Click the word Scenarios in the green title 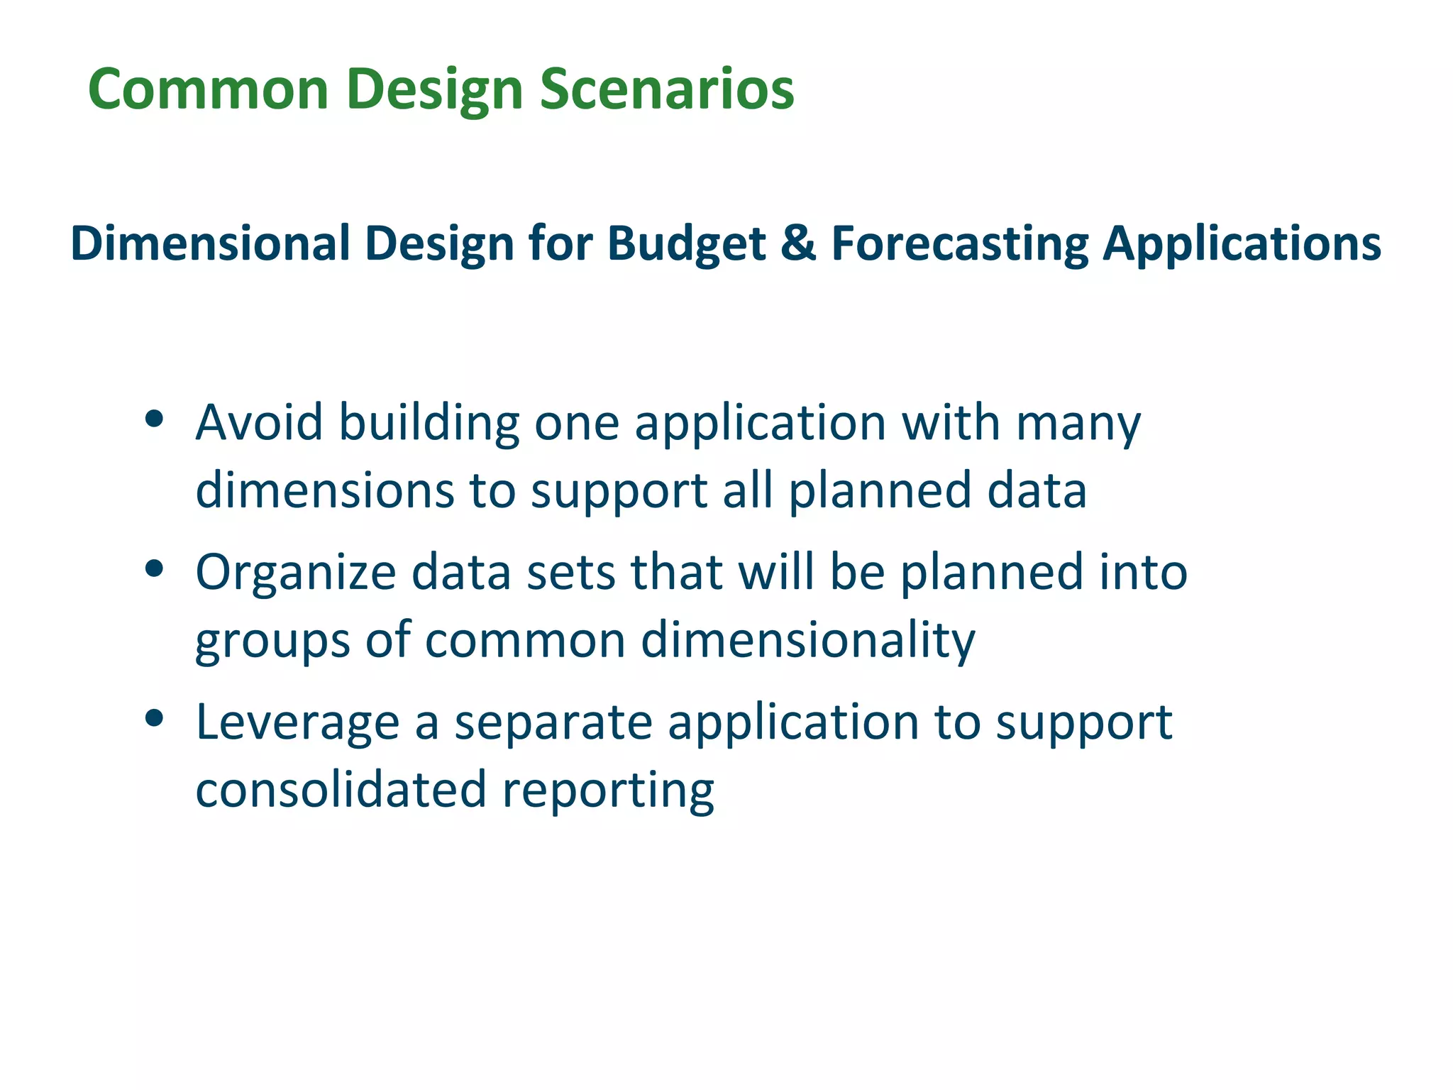tap(666, 90)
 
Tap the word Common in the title tap(208, 90)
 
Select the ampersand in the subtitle tap(798, 243)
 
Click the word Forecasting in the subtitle tap(959, 243)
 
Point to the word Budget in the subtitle tap(686, 243)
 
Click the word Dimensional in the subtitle tap(210, 243)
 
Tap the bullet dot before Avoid tap(154, 419)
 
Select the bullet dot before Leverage tap(154, 718)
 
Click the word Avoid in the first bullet tap(259, 422)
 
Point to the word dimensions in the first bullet tap(324, 490)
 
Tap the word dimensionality tap(808, 641)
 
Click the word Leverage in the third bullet tap(297, 722)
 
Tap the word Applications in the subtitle tap(1241, 243)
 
